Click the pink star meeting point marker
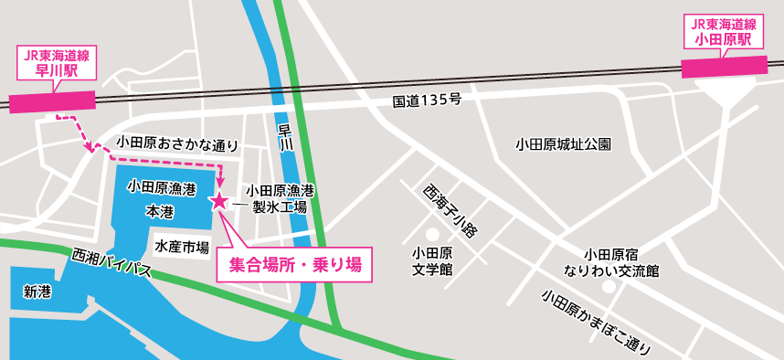(x=219, y=200)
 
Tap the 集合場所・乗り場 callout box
(x=294, y=265)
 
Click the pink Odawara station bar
(x=725, y=67)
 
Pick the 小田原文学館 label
(x=433, y=260)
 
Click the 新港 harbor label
(x=37, y=291)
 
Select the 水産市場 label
(x=182, y=247)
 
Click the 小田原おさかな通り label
(x=177, y=144)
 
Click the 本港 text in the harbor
(x=160, y=210)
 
